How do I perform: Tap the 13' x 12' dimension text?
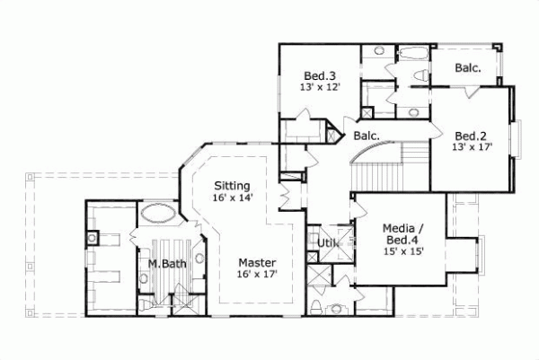point(319,87)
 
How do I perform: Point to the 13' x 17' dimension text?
point(473,147)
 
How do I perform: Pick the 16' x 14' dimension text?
point(233,198)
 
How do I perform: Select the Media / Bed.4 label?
point(403,234)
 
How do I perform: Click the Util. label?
point(325,242)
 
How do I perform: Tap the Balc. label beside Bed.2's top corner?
point(467,67)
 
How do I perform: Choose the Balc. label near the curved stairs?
point(367,136)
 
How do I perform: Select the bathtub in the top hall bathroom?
point(414,52)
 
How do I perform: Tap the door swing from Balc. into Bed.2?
point(470,92)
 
